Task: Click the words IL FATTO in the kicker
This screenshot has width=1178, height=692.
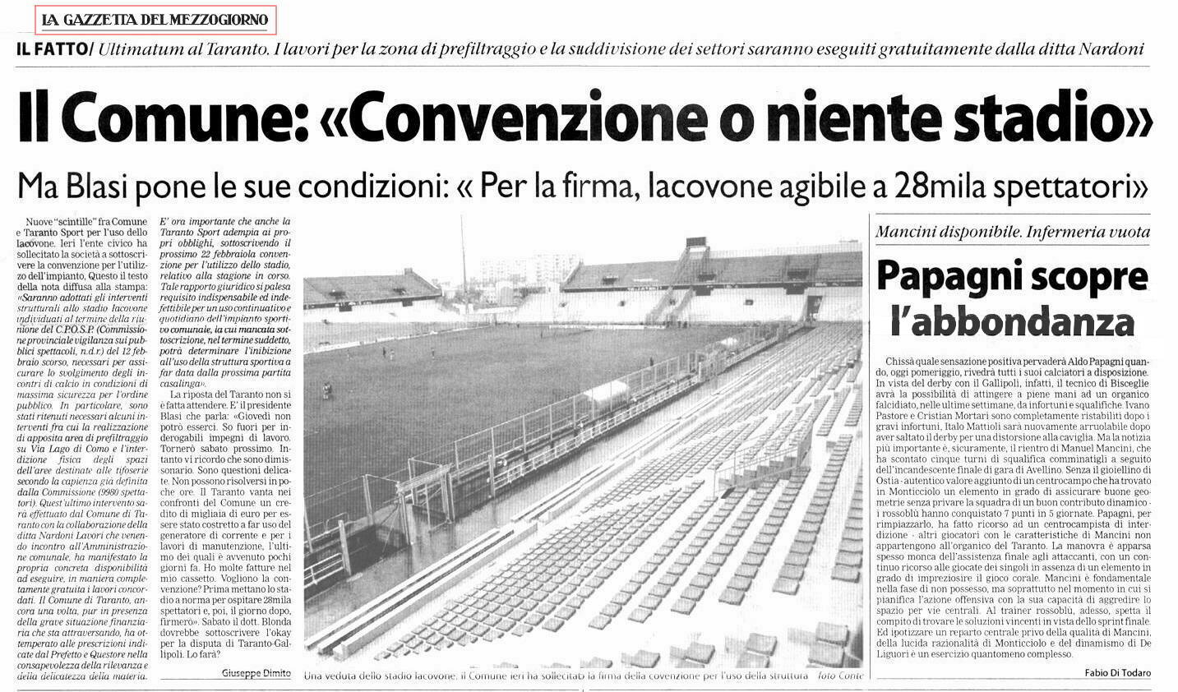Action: pyautogui.click(x=51, y=49)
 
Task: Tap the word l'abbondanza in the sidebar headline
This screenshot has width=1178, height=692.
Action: pyautogui.click(x=1012, y=321)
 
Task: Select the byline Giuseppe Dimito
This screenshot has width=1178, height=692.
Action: pyautogui.click(x=256, y=672)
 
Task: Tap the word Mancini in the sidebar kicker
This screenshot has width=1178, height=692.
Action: pyautogui.click(x=908, y=233)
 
